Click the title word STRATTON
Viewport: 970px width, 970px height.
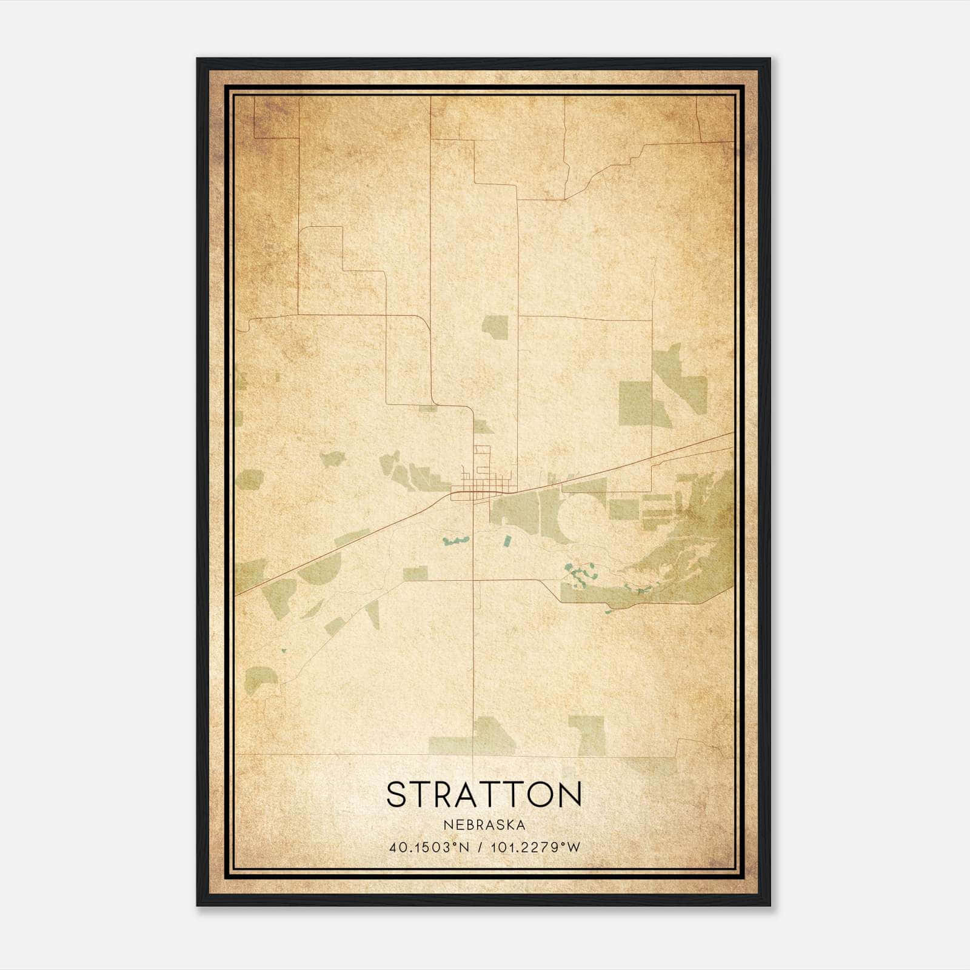pyautogui.click(x=484, y=795)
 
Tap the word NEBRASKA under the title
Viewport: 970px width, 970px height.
pyautogui.click(x=484, y=825)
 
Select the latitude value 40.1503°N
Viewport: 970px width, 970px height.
pyautogui.click(x=430, y=848)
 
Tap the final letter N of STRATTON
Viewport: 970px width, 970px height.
pyautogui.click(x=570, y=795)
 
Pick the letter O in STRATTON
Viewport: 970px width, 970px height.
pyautogui.click(x=537, y=795)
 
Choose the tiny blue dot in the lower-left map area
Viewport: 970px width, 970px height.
pyautogui.click(x=283, y=651)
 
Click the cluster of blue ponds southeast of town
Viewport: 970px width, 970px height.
pyautogui.click(x=579, y=573)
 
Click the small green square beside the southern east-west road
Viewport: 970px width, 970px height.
pyautogui.click(x=415, y=574)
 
